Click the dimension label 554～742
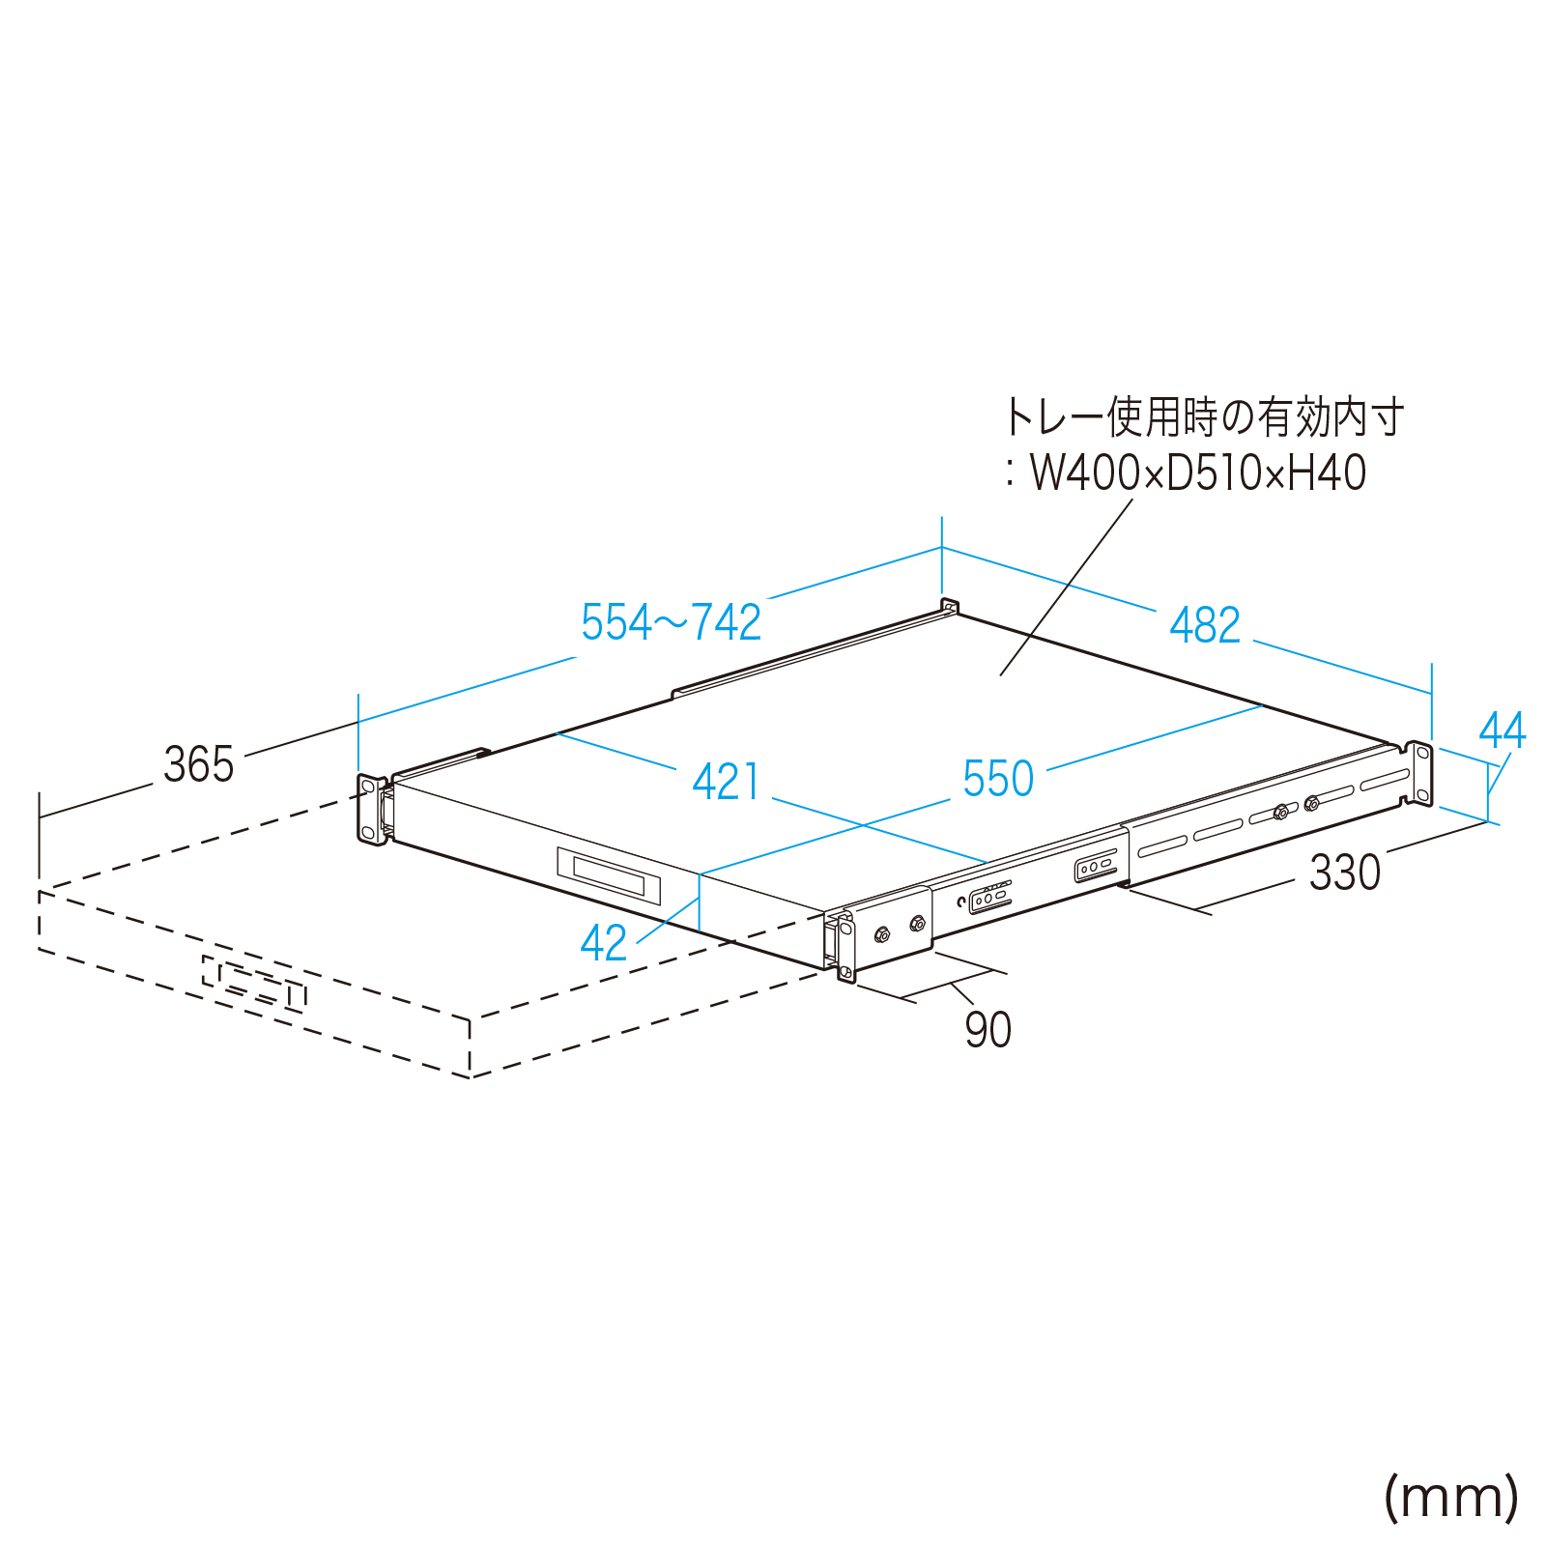671,623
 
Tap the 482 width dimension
1204,626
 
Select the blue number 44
1502,731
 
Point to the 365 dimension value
198,765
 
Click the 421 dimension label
726,782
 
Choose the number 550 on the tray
998,779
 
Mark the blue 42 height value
603,943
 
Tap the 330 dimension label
1345,873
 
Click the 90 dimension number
988,1030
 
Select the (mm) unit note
1451,1498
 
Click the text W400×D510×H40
1197,473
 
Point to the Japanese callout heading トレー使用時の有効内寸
1204,417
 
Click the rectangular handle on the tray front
609,875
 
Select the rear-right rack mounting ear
1419,773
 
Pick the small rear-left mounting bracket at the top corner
949,608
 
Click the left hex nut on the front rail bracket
881,934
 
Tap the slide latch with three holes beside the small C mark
990,899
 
